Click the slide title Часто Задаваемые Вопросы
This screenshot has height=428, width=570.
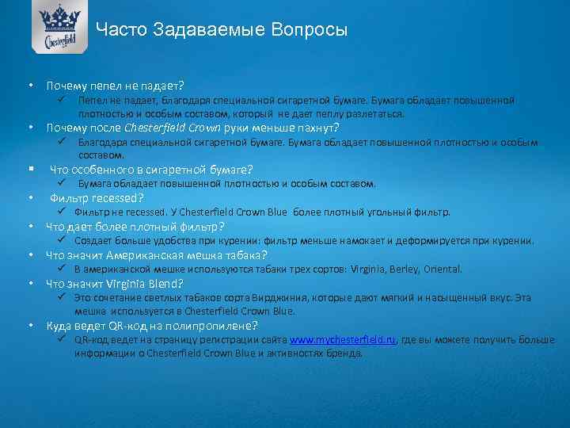222,31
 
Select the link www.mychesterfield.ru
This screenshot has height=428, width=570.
343,339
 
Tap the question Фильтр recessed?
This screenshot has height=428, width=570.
97,197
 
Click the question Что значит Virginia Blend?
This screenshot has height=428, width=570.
115,283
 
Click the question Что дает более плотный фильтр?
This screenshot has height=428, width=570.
135,226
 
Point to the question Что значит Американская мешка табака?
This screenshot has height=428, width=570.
157,254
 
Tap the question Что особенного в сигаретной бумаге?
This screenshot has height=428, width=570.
151,169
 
